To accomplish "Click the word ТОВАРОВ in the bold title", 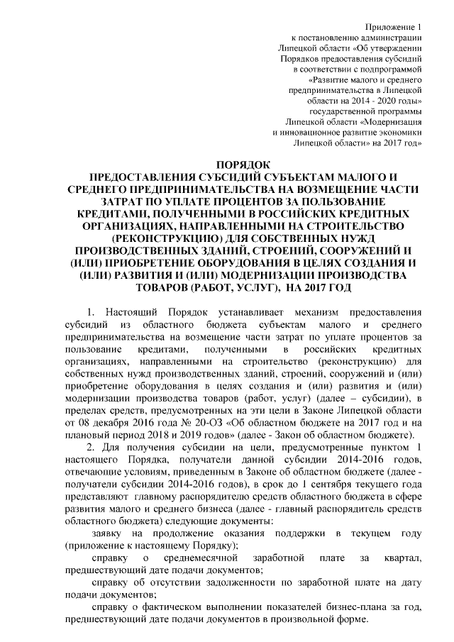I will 176,286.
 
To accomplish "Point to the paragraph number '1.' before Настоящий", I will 90,312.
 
